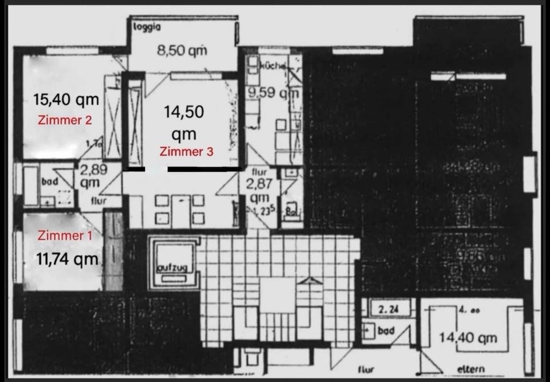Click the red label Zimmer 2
coord(65,120)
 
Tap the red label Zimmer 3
coord(186,152)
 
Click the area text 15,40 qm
coord(66,100)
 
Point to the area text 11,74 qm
coord(67,259)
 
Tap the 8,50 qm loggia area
coord(182,50)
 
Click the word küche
coord(272,66)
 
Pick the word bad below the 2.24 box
coord(386,331)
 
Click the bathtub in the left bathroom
coord(30,184)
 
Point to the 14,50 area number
coord(184,112)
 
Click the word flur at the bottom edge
coord(366,370)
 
